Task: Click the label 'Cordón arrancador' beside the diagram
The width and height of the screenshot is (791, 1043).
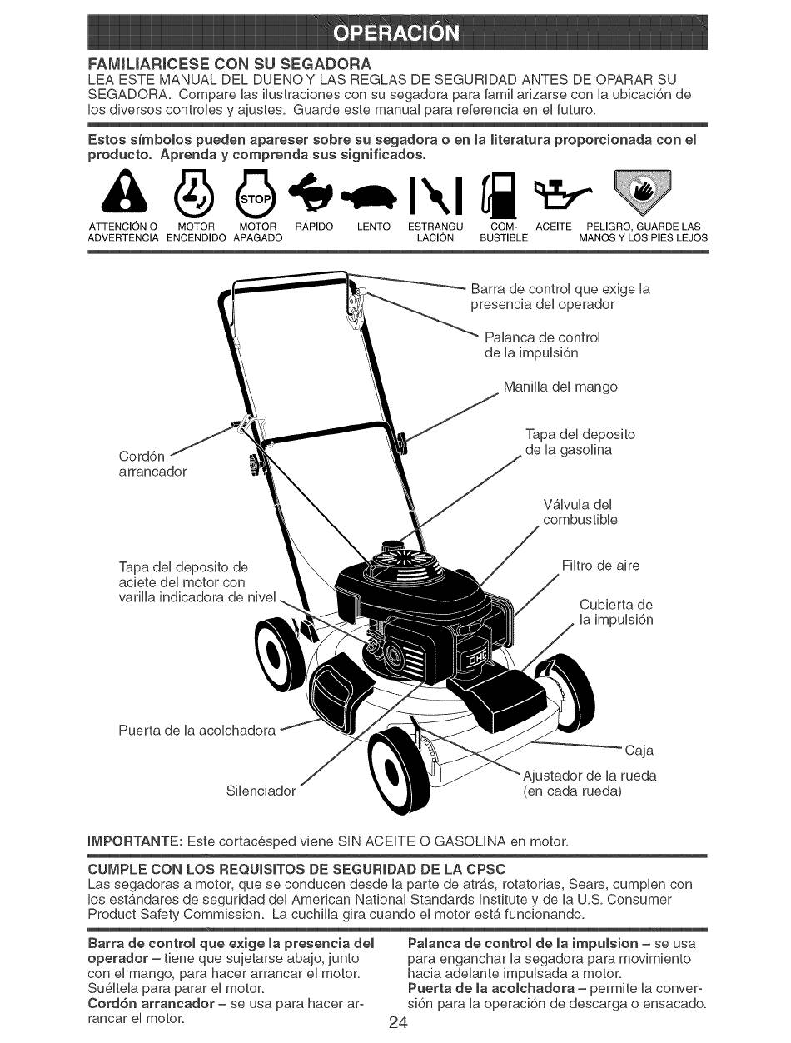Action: click(x=153, y=464)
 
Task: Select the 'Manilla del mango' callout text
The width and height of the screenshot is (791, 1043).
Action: click(x=561, y=387)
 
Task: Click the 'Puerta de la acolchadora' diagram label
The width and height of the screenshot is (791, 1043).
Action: click(x=198, y=730)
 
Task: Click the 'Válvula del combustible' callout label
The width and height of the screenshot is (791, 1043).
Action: click(x=580, y=512)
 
